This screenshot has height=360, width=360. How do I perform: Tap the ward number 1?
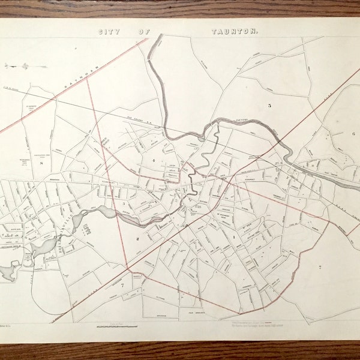click(233, 237)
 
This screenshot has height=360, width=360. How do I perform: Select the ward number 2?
click(137, 238)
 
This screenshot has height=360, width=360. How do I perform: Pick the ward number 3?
click(124, 204)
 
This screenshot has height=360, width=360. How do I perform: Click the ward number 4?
click(154, 161)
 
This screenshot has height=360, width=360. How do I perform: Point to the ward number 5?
click(269, 106)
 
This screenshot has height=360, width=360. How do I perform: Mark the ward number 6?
click(354, 133)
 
